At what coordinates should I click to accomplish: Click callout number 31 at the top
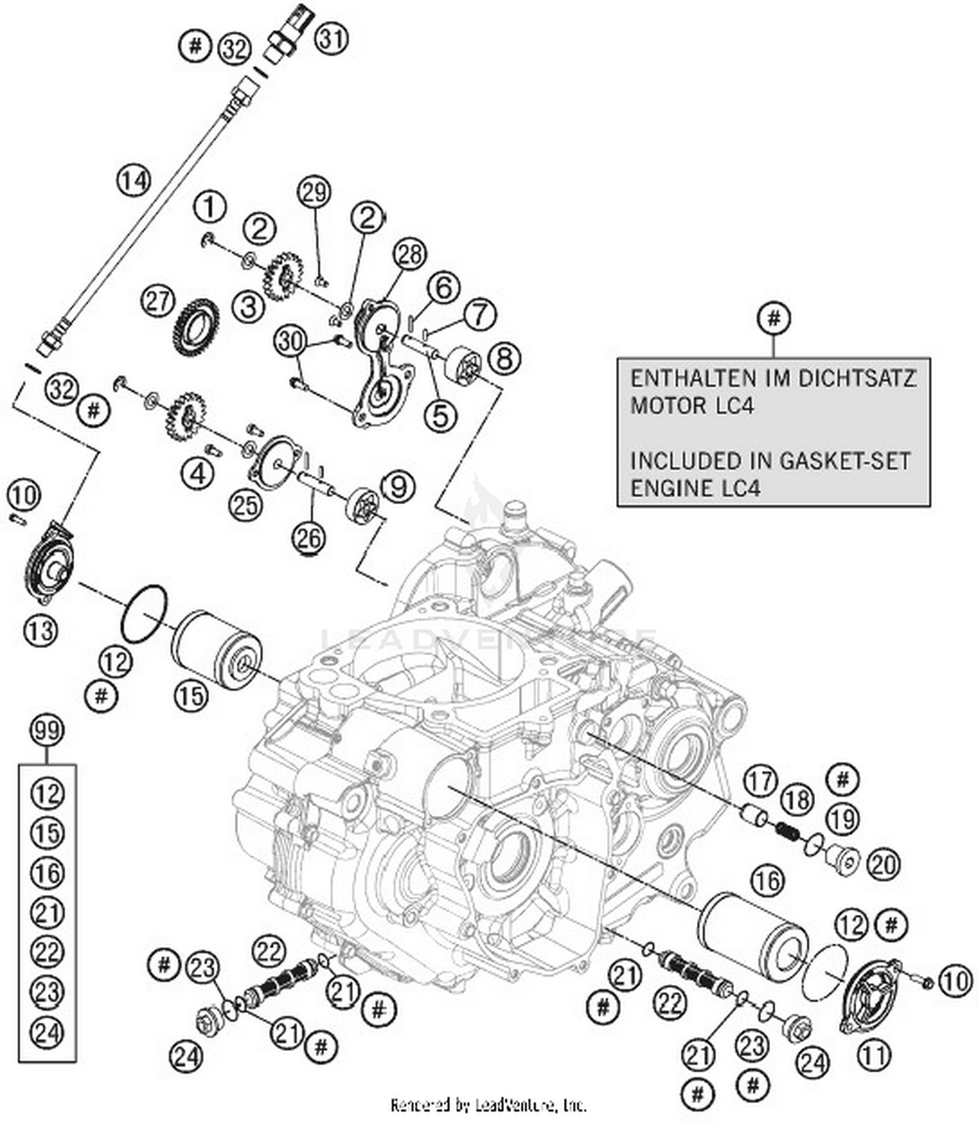[x=332, y=39]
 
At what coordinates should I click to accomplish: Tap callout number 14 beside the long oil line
[x=134, y=179]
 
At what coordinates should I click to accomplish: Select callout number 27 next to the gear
[x=158, y=302]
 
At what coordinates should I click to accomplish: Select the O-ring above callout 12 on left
[x=144, y=614]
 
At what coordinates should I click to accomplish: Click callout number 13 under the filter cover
[x=40, y=630]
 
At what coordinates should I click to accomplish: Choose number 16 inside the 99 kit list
[x=47, y=873]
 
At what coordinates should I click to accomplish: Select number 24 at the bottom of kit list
[x=47, y=1033]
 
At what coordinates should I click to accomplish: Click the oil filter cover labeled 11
[x=872, y=991]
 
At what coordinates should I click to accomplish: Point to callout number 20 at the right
[x=883, y=864]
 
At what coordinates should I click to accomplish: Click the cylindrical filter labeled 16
[x=753, y=936]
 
